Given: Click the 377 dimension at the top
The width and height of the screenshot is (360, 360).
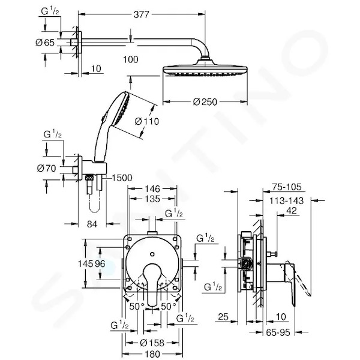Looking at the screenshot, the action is (141, 14).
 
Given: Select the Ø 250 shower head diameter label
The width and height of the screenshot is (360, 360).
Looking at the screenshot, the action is (205, 102).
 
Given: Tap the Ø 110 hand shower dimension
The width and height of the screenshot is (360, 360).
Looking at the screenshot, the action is (147, 121).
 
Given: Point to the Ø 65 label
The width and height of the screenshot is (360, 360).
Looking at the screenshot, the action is (45, 43).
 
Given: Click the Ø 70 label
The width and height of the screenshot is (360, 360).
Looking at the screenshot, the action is (46, 168).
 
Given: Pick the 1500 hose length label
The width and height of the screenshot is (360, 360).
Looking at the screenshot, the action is (122, 178).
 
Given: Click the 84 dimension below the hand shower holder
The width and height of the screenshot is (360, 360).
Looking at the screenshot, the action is (92, 224).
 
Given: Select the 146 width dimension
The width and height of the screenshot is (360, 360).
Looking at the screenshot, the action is (152, 189).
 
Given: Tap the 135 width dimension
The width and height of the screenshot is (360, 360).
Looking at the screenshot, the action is (152, 199).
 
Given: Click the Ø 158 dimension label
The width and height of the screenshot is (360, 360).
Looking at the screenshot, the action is (152, 343).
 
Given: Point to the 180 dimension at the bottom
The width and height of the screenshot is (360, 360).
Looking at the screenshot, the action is (152, 354).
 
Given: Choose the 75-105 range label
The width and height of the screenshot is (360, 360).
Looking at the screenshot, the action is (287, 187).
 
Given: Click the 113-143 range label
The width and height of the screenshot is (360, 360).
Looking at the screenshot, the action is (286, 201).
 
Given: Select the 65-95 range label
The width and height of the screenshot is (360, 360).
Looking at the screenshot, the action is (278, 332).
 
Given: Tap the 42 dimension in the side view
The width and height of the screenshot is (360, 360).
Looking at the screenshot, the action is (292, 211).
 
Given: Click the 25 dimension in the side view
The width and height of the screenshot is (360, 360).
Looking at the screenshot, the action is (223, 317).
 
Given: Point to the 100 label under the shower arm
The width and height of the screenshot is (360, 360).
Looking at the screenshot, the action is (131, 59).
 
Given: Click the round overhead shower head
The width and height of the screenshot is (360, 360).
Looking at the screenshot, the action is (205, 68).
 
